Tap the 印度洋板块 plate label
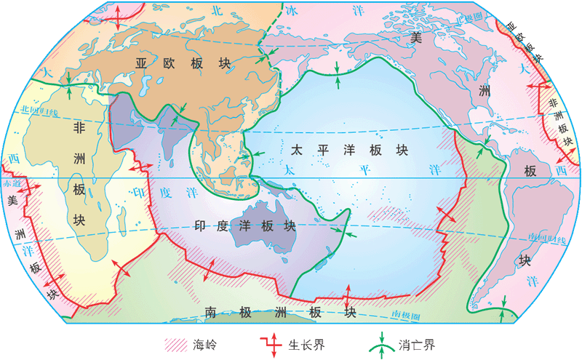click(x=247, y=225)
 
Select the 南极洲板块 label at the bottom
click(x=280, y=313)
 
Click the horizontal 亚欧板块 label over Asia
click(x=183, y=64)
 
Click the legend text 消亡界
click(x=415, y=343)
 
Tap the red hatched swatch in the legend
click(x=175, y=343)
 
